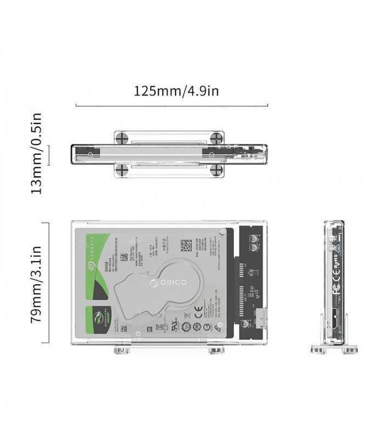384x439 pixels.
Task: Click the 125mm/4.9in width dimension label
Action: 176,90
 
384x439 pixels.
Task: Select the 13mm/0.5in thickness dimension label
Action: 36,153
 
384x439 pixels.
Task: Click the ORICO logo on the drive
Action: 168,282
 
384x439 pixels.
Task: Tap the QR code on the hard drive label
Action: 186,245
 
